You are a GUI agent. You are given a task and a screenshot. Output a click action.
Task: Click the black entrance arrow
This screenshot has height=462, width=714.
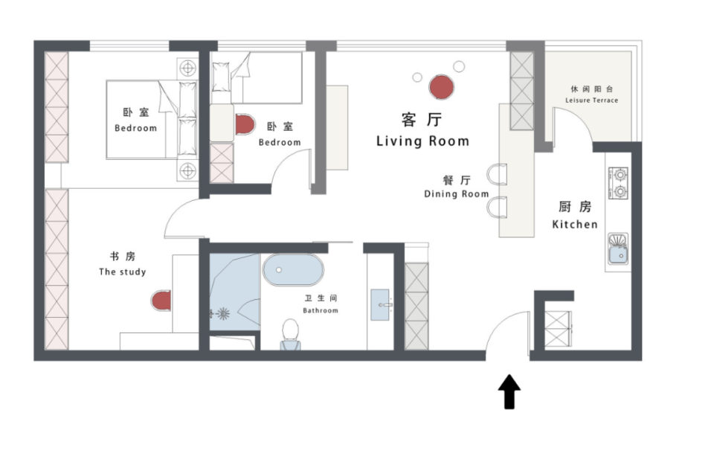coord(509,392)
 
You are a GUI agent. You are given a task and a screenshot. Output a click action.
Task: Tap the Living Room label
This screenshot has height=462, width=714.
coord(422,141)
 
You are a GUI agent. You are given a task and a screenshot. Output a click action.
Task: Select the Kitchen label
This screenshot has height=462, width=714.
coord(575,224)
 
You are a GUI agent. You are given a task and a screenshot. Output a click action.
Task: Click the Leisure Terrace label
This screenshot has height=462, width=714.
coord(591,100)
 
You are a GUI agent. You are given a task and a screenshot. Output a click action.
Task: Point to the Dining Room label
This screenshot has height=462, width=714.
coord(456,194)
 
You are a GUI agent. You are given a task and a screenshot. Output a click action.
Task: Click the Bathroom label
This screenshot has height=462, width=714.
coord(321,311)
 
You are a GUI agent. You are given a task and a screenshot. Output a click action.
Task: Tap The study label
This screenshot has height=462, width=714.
coord(123,272)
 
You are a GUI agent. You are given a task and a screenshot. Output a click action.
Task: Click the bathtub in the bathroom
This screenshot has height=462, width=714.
coord(293,270)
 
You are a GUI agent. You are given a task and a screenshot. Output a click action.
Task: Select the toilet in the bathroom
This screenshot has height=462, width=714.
coord(290,334)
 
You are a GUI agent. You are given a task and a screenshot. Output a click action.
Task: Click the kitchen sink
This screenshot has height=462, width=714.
coord(618,248)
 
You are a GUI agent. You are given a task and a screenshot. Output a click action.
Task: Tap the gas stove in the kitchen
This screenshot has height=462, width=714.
coord(618,183)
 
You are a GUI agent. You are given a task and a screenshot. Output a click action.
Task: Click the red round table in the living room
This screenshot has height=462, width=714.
coord(441,87)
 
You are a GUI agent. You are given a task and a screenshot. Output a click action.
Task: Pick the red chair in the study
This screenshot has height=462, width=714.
coord(161,301)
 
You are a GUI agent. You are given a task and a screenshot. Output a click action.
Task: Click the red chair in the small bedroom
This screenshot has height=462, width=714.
coord(245,124)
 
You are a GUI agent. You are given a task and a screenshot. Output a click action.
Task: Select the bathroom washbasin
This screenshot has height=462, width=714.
coord(381,304)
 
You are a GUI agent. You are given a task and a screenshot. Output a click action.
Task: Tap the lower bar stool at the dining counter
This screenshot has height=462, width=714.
coord(497,208)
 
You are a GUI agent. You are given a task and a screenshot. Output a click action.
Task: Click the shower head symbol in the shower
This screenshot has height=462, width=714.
coord(222,313)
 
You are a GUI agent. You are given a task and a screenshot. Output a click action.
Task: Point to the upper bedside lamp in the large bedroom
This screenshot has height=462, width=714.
coord(187,68)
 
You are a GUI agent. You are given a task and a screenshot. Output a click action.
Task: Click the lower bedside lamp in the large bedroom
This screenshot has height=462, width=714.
coord(187,171)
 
